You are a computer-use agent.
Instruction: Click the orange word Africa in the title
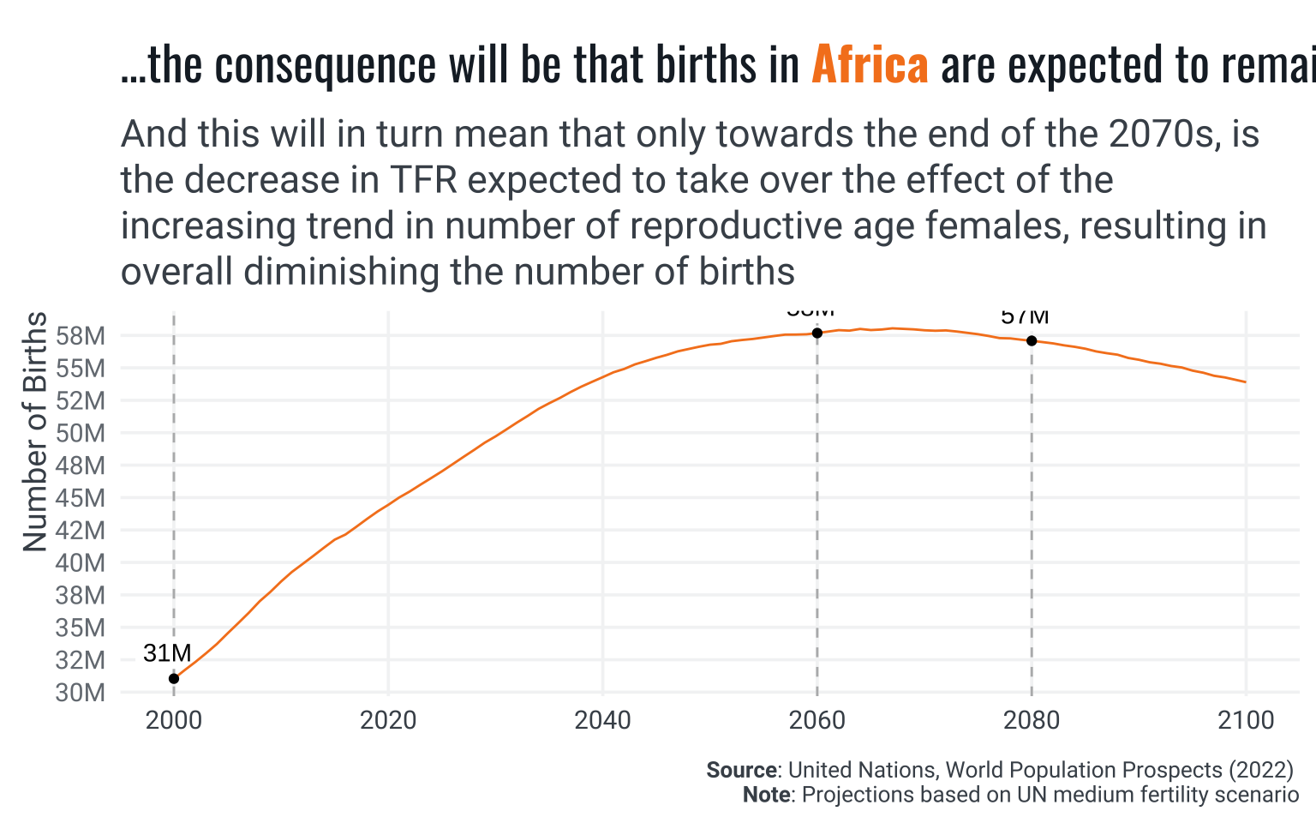click(870, 66)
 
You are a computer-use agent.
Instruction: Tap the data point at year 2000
click(174, 678)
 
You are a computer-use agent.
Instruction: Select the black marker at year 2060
click(817, 333)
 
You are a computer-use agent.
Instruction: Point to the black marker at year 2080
click(1032, 340)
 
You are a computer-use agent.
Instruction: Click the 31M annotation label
click(167, 653)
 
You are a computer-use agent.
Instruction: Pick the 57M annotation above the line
click(1025, 317)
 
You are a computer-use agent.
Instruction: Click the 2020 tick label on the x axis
click(388, 720)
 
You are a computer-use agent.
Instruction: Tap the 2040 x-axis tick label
click(602, 720)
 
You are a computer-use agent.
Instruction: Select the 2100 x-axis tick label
click(1246, 720)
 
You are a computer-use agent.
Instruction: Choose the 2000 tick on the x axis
click(174, 720)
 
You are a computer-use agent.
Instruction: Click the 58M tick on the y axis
click(81, 336)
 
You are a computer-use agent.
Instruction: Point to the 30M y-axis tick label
click(81, 693)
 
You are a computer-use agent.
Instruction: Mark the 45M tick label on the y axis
click(81, 498)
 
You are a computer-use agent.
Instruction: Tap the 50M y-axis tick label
click(81, 434)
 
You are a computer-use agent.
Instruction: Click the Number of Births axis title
click(35, 431)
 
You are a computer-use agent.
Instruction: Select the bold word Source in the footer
click(742, 770)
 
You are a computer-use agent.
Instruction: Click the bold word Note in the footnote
click(766, 795)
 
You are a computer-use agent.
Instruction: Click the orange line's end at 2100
click(1245, 382)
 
